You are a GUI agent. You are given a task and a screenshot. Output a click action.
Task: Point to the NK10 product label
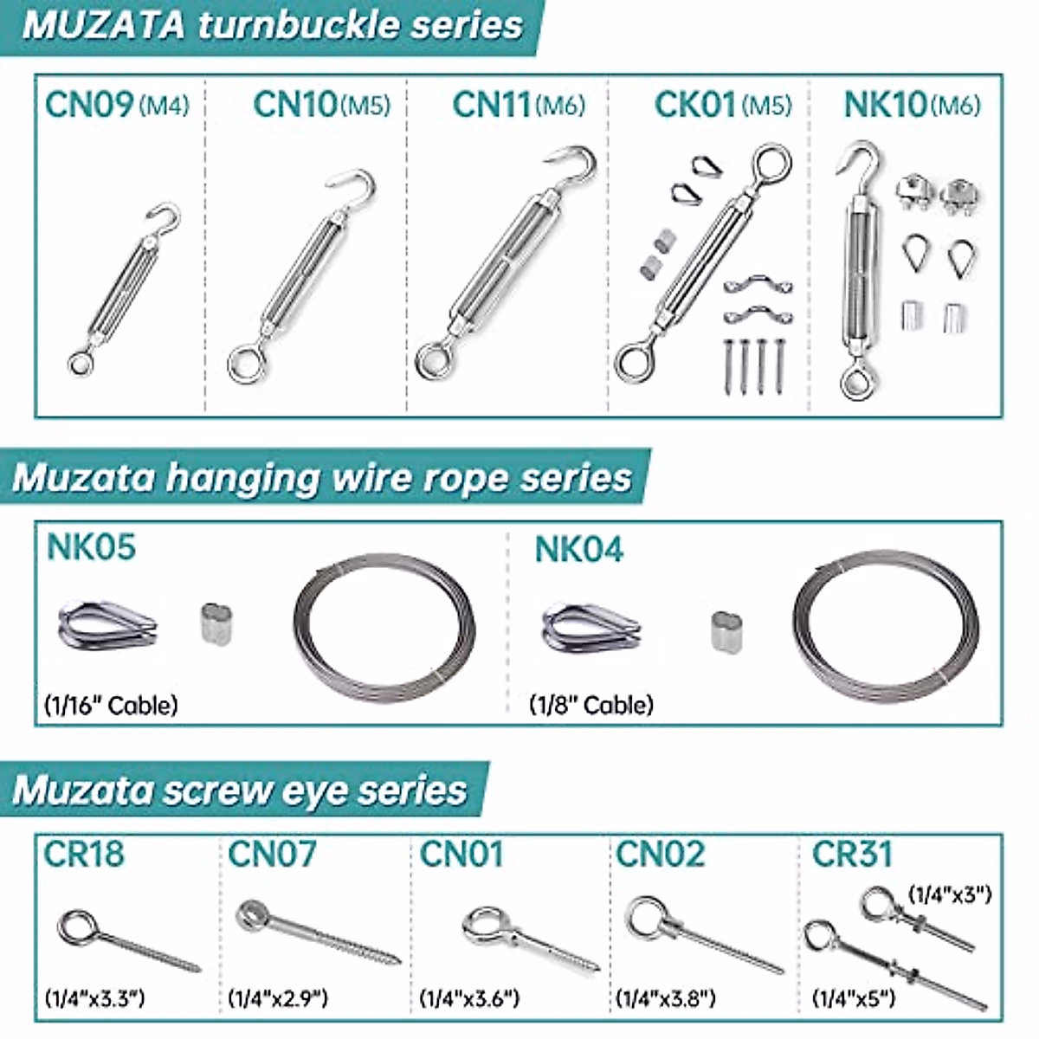click(x=885, y=105)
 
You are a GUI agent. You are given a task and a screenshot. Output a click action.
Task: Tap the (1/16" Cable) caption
click(x=111, y=705)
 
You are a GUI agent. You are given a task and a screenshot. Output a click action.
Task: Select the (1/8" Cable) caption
click(x=591, y=705)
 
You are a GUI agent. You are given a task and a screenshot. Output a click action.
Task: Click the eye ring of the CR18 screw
click(x=77, y=924)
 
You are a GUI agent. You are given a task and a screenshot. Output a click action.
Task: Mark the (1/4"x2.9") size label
click(x=278, y=998)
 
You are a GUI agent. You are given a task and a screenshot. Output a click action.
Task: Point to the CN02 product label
click(x=660, y=855)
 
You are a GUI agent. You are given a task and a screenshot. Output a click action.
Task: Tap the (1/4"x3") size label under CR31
click(x=949, y=894)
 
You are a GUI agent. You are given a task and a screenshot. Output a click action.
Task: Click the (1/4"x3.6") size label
click(x=469, y=998)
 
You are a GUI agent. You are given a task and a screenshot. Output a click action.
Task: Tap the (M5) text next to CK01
click(x=767, y=106)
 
